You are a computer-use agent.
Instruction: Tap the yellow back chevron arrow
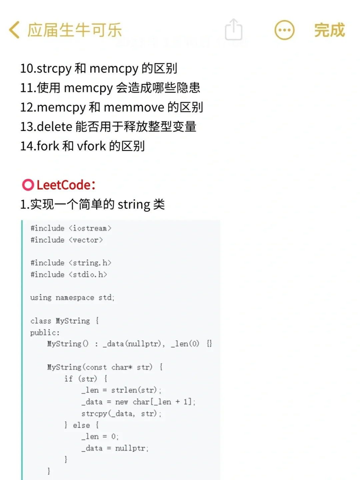click(x=14, y=30)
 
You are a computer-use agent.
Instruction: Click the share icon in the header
click(x=233, y=30)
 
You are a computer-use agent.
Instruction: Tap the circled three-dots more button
click(x=284, y=30)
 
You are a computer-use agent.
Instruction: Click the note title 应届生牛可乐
click(x=75, y=30)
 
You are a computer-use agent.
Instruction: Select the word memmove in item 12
click(x=134, y=107)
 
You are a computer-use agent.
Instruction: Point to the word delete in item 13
click(x=55, y=127)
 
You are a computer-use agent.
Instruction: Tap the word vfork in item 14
click(x=91, y=146)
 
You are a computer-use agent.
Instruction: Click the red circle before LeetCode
click(x=28, y=185)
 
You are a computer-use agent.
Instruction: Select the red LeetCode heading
click(x=65, y=185)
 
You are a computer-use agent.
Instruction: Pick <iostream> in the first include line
click(x=90, y=228)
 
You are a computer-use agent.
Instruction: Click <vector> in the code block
click(x=86, y=240)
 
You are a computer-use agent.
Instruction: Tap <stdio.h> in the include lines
click(x=88, y=275)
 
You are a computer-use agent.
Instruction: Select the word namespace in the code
click(x=75, y=298)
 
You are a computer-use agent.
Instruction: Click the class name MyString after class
click(x=73, y=321)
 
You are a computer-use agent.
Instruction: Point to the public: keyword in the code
click(x=45, y=333)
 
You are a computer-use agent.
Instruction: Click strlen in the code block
click(x=124, y=390)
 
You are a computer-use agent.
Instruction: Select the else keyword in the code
click(x=81, y=425)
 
